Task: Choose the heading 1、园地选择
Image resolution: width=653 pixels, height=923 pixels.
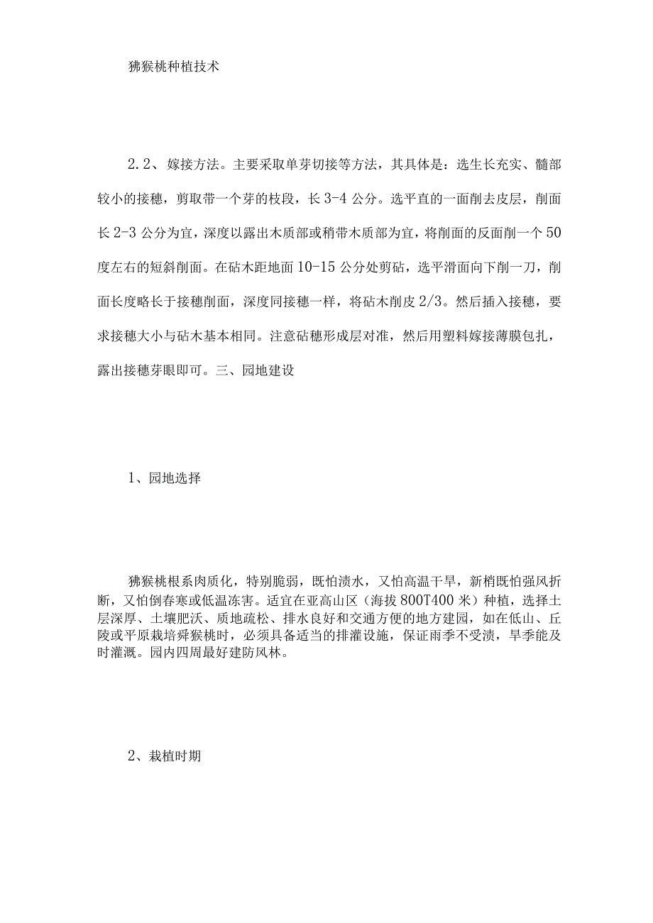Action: (x=165, y=478)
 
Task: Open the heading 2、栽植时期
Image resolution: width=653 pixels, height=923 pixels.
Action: (x=165, y=757)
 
